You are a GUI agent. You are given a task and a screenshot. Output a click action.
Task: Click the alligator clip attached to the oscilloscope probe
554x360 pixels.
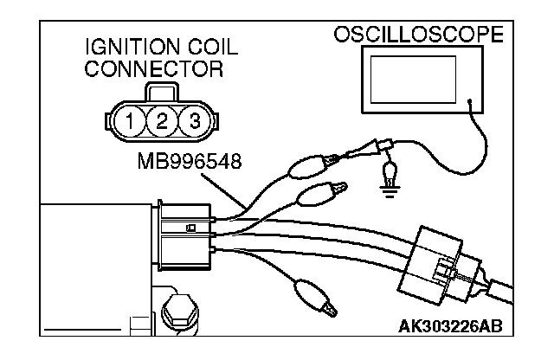[x=308, y=164]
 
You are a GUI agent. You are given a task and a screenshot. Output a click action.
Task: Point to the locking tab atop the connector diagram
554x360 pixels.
[x=163, y=94]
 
